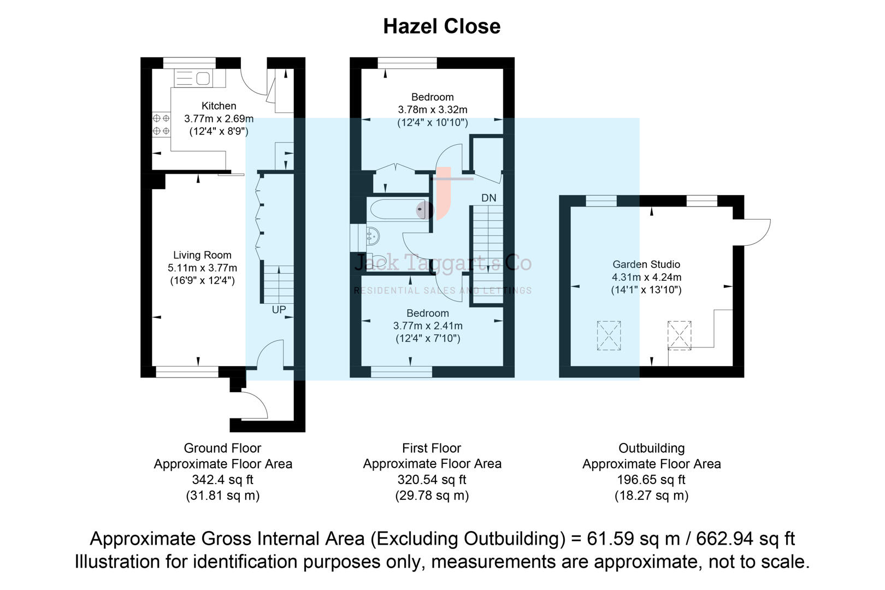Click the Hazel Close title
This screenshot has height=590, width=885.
click(x=441, y=26)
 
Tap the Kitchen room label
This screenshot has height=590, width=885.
click(x=219, y=106)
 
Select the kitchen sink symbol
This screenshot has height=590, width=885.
click(x=199, y=78)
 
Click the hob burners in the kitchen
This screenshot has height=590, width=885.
click(x=161, y=124)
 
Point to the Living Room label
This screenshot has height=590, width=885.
click(x=202, y=255)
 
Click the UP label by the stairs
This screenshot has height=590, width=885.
click(x=279, y=310)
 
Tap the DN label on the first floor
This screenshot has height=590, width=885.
click(x=488, y=198)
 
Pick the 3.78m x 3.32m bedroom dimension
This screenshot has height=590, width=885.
click(x=432, y=110)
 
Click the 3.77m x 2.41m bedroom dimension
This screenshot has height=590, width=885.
click(x=428, y=326)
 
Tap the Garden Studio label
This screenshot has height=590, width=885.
click(x=646, y=264)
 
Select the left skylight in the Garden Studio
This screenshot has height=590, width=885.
click(x=609, y=335)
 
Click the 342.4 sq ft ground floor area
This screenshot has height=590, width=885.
click(x=222, y=480)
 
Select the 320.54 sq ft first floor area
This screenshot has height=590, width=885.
click(x=432, y=480)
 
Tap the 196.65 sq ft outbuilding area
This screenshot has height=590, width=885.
click(x=651, y=480)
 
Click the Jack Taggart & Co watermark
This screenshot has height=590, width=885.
click(x=442, y=263)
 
